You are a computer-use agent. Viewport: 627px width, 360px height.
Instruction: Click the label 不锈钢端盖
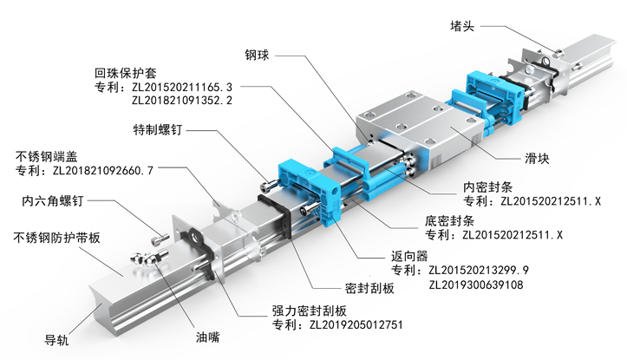45,157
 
